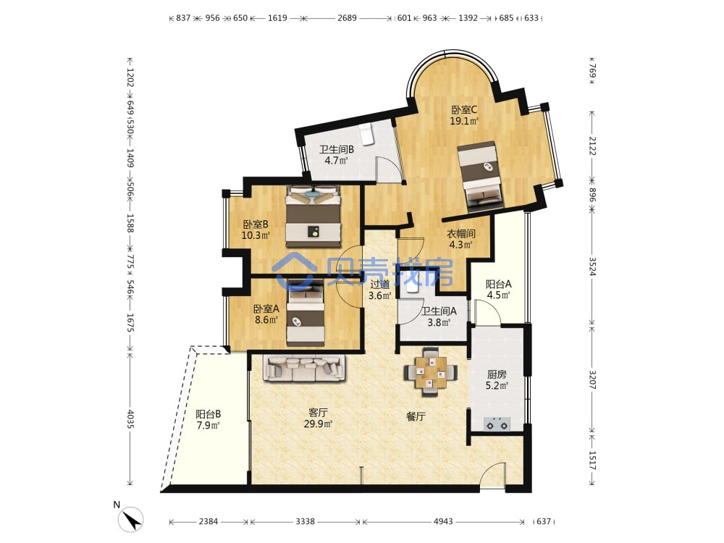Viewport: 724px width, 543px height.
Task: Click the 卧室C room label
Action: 464,110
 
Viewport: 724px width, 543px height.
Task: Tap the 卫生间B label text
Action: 337,150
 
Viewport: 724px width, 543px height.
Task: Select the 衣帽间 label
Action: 460,234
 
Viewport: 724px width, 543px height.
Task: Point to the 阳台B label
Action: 208,414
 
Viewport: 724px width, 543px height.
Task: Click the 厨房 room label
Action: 497,374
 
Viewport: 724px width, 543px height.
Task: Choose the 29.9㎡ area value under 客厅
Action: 318,424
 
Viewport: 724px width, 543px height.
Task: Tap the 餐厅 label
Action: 416,416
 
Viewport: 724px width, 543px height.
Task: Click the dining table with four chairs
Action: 430,372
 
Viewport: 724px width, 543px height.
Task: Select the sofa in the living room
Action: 305,368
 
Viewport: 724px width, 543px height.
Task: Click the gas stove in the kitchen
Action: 497,423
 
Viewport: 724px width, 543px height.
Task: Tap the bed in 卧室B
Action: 313,216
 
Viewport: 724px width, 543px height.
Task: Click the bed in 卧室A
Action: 306,313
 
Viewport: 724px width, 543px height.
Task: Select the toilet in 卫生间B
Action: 366,135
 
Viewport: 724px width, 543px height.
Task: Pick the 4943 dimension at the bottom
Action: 443,521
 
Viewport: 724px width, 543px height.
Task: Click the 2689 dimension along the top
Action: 347,18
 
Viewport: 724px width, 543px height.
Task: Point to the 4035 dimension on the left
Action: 130,418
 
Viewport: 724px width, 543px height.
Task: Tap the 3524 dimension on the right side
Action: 592,267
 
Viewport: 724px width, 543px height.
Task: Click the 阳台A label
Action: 498,285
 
